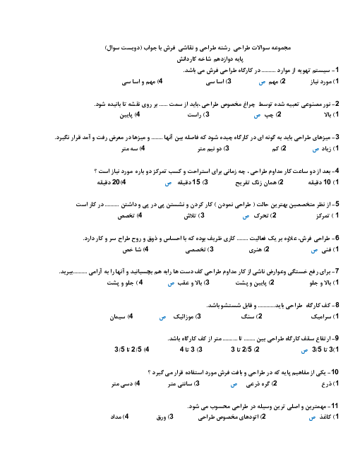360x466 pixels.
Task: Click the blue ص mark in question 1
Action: tap(262, 83)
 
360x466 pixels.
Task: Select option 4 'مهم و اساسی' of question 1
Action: tap(138, 82)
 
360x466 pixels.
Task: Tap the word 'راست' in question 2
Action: tap(194, 115)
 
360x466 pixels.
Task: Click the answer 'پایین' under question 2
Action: tap(126, 115)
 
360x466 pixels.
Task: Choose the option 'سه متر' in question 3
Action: tap(129, 148)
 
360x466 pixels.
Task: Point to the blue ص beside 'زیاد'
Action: tap(316, 150)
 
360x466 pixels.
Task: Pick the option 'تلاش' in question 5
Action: tap(189, 216)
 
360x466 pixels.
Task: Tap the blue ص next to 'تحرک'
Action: tap(246, 217)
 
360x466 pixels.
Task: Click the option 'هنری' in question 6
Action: tap(255, 250)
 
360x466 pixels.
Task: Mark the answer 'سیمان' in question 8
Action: tap(118, 317)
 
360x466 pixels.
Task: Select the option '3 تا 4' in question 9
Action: tap(187, 349)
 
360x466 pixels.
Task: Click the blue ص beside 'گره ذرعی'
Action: tap(234, 385)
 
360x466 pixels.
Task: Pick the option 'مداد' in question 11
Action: tap(116, 417)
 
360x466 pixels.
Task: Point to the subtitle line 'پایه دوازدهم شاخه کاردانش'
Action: tap(210, 59)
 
